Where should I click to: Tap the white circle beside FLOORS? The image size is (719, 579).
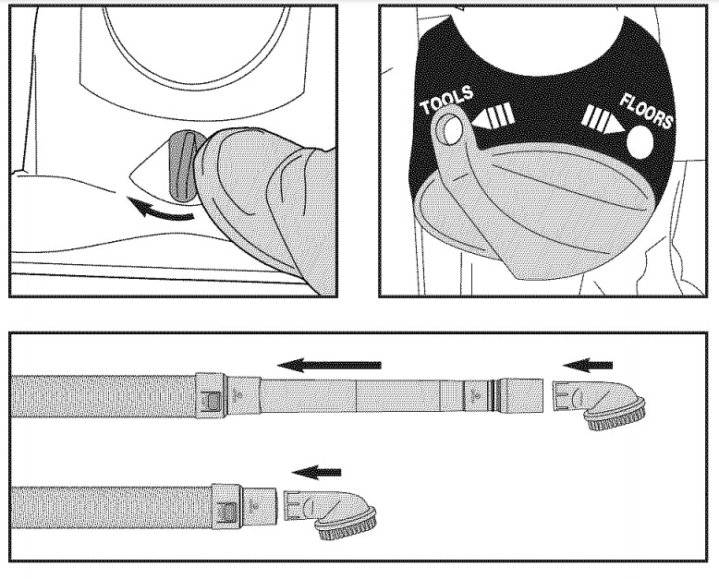(x=640, y=141)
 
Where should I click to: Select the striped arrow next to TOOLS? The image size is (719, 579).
(x=494, y=119)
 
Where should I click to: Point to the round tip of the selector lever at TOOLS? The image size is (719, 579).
(x=449, y=129)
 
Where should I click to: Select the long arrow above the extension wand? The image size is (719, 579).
(x=329, y=366)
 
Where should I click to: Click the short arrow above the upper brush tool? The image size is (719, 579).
(x=588, y=364)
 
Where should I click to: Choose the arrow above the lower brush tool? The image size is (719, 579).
(x=311, y=472)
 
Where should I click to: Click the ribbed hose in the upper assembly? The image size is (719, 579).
(x=102, y=396)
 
